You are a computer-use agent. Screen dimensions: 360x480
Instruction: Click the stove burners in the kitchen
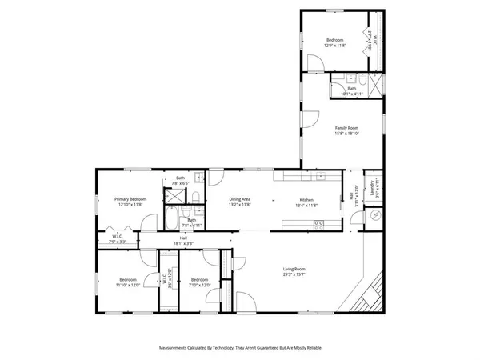pyautogui.click(x=318, y=223)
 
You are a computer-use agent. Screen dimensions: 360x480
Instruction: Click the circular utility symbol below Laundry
pyautogui.click(x=373, y=216)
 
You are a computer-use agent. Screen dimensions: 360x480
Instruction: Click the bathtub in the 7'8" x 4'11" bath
pyautogui.click(x=171, y=217)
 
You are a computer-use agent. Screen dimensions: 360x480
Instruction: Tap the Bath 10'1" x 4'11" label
pyautogui.click(x=353, y=91)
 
